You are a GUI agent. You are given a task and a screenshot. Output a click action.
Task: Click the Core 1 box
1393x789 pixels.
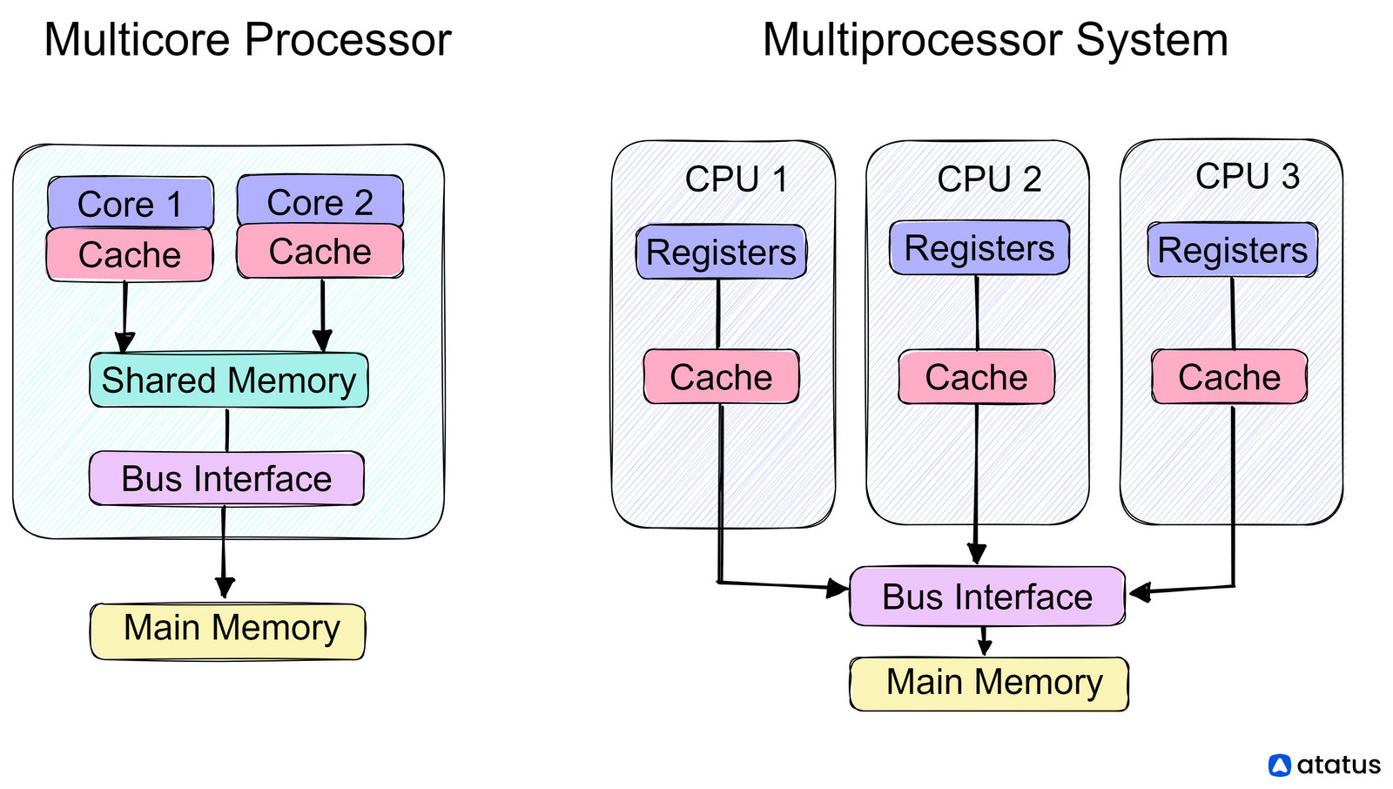tap(130, 204)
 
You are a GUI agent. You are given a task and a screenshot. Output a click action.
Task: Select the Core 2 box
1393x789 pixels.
tap(320, 202)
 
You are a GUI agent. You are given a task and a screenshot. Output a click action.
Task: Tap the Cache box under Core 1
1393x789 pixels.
tap(130, 255)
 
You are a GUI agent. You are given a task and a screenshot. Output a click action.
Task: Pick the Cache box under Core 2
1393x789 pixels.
tap(320, 252)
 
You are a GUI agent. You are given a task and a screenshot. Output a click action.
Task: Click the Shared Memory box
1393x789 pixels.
tap(228, 381)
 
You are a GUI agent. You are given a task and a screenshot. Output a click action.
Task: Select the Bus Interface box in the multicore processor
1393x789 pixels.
tap(226, 478)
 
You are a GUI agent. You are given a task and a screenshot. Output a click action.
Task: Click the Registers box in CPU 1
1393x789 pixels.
tap(721, 253)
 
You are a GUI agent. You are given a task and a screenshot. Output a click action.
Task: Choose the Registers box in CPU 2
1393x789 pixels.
tap(979, 248)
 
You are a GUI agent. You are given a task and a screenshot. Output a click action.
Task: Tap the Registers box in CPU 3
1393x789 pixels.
tap(1232, 251)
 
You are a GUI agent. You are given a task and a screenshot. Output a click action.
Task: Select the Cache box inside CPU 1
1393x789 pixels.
tap(721, 377)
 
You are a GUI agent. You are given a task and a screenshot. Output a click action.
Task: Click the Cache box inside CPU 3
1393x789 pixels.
tap(1229, 377)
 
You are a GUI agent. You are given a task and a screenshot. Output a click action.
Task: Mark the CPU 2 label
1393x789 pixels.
tap(989, 179)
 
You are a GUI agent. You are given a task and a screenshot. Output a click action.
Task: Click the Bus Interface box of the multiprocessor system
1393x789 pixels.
tap(986, 597)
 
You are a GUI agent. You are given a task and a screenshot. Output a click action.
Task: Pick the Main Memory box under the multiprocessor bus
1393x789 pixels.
tap(989, 684)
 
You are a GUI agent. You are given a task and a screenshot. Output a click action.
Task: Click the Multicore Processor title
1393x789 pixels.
tap(247, 40)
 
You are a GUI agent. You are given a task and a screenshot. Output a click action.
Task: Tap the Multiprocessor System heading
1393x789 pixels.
tap(994, 40)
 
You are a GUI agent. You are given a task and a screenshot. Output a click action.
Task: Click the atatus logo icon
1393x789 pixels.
tap(1279, 765)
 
